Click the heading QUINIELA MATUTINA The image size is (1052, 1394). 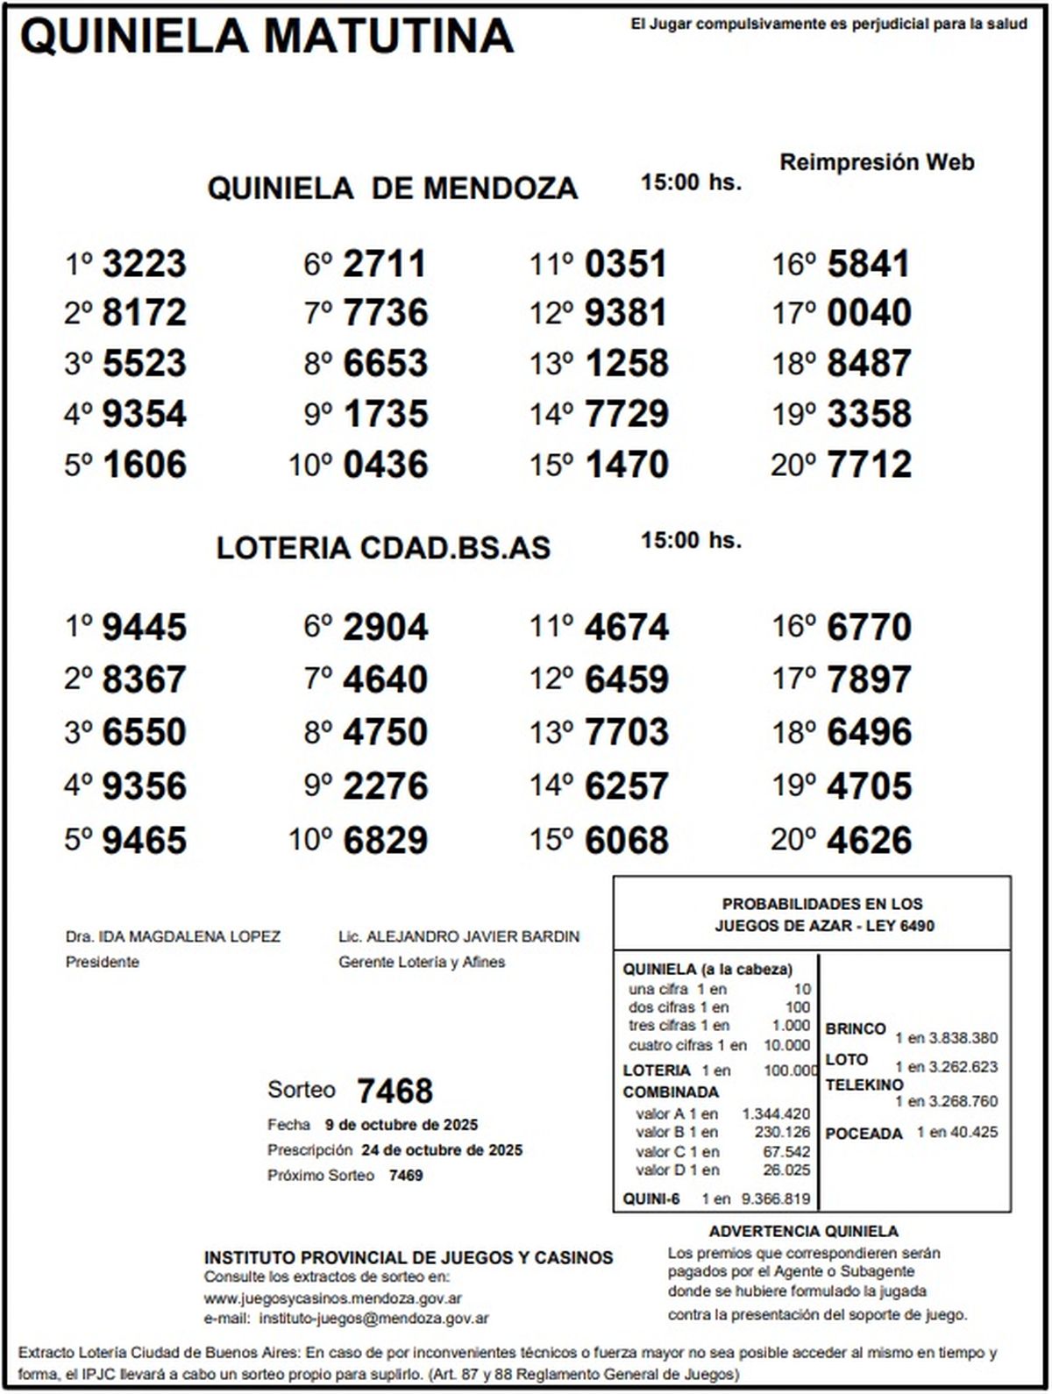point(266,37)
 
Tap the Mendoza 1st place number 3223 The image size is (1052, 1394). point(145,264)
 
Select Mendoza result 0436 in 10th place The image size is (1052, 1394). point(386,465)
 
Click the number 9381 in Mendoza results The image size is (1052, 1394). point(626,313)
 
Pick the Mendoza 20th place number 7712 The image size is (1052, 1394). point(869,465)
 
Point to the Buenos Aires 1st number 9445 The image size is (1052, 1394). point(145,628)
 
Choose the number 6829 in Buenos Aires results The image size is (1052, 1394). point(386,841)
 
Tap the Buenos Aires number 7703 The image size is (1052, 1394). point(626,732)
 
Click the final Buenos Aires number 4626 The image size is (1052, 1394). point(869,841)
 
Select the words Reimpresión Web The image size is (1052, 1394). point(877,162)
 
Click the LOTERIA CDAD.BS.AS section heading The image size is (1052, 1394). point(383,548)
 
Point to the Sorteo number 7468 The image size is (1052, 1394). point(394,1092)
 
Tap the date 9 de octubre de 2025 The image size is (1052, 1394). point(401,1125)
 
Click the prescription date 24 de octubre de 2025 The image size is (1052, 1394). point(442,1150)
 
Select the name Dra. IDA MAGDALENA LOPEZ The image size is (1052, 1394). point(173,936)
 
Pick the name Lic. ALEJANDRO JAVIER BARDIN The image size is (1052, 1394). point(458,936)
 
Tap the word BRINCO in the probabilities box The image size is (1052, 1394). point(855,1028)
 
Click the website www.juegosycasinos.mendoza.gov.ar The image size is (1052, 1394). point(333,1298)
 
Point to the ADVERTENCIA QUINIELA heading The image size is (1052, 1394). point(803,1231)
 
